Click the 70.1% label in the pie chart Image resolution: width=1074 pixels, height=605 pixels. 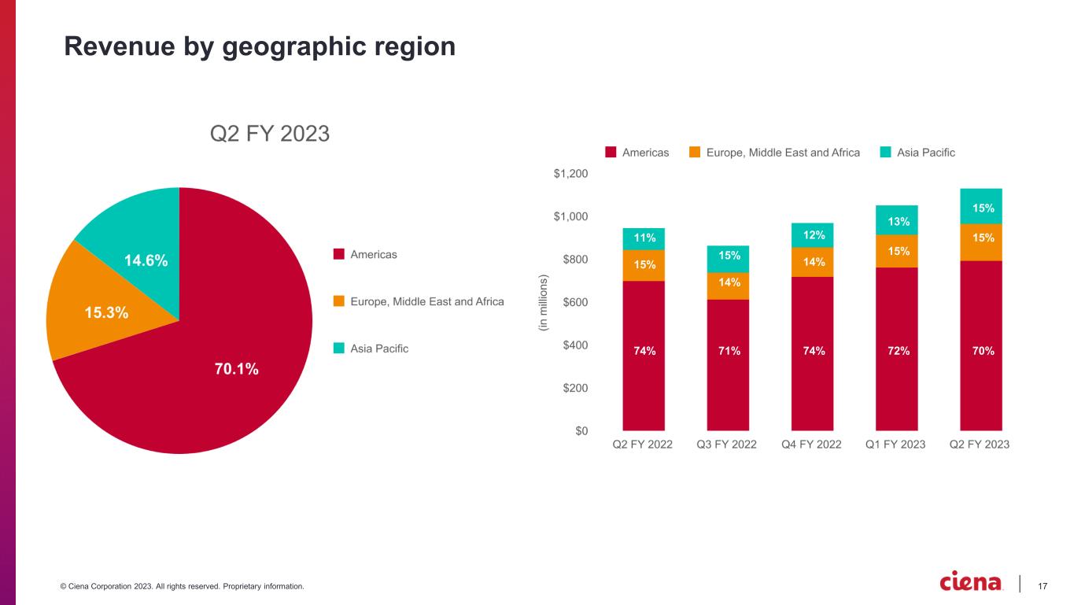click(x=235, y=368)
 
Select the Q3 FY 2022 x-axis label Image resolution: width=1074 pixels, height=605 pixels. click(x=727, y=445)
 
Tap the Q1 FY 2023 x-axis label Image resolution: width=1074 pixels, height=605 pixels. click(x=895, y=445)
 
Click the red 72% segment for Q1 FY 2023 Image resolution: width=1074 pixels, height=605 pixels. click(x=896, y=350)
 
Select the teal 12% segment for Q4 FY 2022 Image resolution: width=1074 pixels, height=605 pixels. click(x=812, y=234)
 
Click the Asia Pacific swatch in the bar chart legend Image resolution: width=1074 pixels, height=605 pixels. click(x=885, y=153)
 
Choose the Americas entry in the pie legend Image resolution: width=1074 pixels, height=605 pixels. click(x=373, y=254)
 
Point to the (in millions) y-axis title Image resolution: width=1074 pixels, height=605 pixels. click(x=543, y=302)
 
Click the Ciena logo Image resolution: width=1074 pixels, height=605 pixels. click(x=971, y=583)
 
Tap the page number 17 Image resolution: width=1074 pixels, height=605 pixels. click(x=1043, y=585)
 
